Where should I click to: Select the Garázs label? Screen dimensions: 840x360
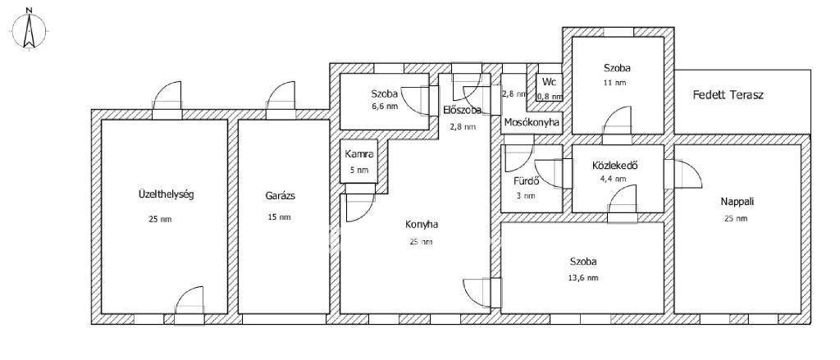(x=280, y=195)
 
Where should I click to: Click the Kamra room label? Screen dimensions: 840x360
(x=359, y=154)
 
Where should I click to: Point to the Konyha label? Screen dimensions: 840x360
(x=421, y=225)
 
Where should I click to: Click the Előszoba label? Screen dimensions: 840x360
(x=462, y=110)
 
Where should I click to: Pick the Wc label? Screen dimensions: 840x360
(x=549, y=83)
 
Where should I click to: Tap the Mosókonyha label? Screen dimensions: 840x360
(x=532, y=123)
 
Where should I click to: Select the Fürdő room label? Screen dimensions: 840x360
(x=526, y=180)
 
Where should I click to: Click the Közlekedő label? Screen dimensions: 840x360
(x=614, y=166)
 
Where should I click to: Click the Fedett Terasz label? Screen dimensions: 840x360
(x=728, y=95)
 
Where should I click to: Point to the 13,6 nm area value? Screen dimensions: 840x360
(x=584, y=277)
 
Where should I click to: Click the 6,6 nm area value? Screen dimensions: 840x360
(x=385, y=106)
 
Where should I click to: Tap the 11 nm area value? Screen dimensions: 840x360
(x=617, y=83)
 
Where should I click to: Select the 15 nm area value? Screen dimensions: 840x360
(x=280, y=217)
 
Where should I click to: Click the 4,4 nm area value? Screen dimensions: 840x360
(x=614, y=179)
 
